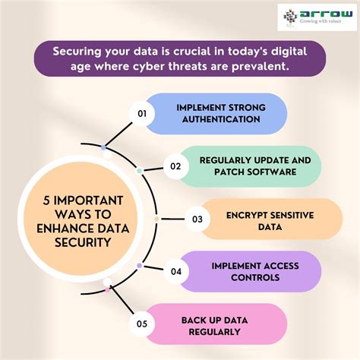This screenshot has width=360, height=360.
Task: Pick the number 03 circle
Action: click(197, 219)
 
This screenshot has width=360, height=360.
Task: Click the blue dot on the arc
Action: click(103, 147)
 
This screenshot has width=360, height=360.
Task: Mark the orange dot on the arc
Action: click(157, 219)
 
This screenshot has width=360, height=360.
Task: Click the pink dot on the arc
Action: click(108, 288)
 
